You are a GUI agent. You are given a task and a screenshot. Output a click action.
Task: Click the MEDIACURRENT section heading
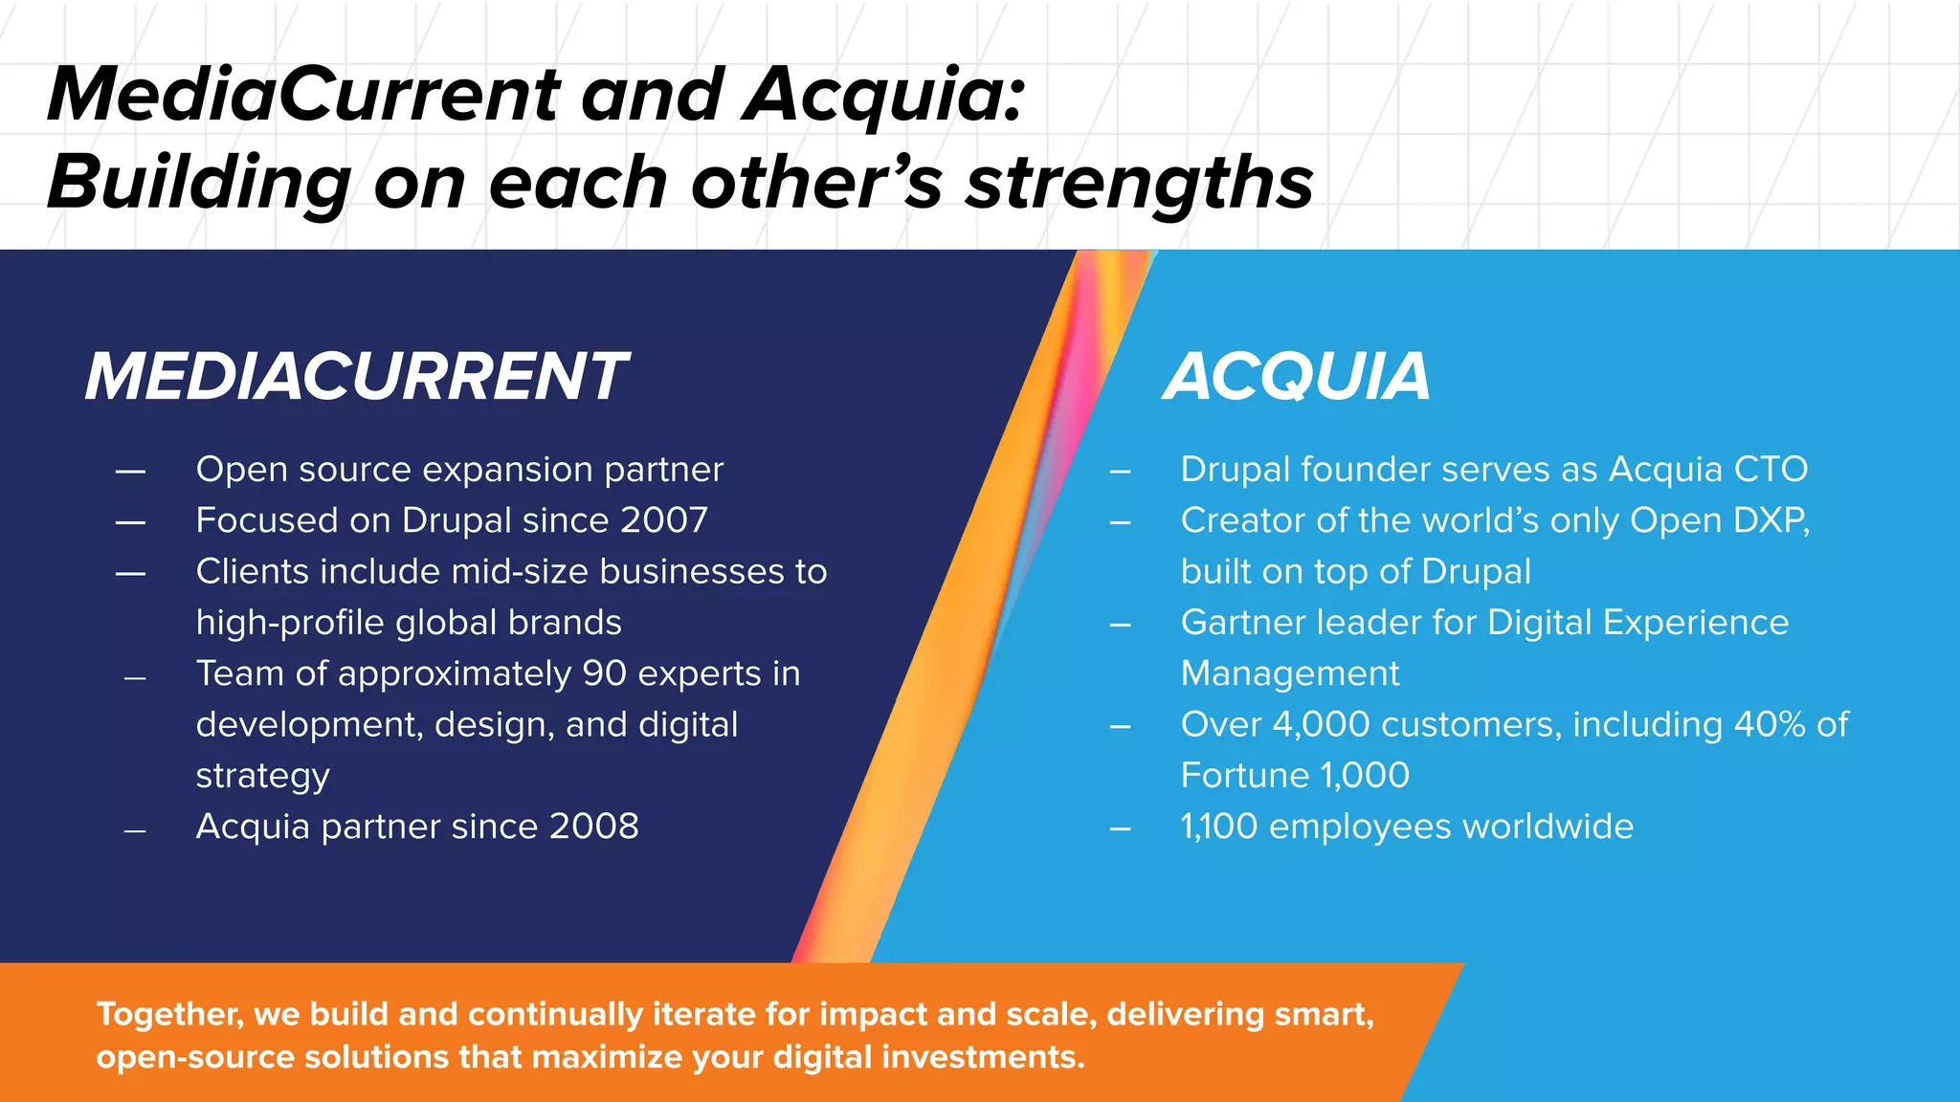[x=356, y=376]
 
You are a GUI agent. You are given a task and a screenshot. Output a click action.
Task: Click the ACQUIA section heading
[x=1297, y=376]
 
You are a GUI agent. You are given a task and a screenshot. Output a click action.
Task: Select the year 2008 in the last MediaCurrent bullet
[x=594, y=826]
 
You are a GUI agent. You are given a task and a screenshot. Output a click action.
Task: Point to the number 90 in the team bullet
[x=604, y=673]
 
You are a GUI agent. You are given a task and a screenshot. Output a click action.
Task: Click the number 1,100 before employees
[x=1218, y=826]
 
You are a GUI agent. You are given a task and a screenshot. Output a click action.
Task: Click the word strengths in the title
[x=1139, y=182]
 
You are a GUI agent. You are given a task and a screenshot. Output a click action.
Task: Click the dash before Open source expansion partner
[x=130, y=471]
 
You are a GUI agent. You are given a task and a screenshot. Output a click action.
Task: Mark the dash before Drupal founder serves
[x=1120, y=471]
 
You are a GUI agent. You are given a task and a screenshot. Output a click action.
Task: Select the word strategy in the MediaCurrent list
[x=262, y=776]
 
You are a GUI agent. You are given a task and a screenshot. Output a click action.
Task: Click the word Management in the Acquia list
[x=1289, y=673]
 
